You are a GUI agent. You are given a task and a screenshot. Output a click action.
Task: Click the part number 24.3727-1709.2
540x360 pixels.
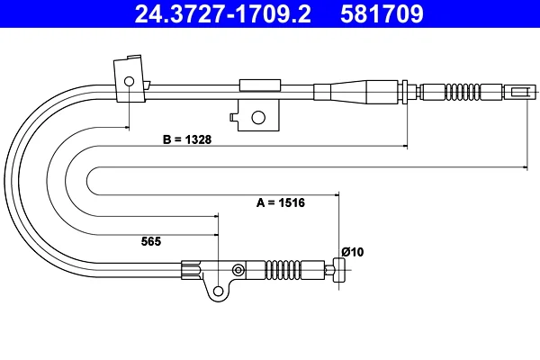pyautogui.click(x=223, y=13)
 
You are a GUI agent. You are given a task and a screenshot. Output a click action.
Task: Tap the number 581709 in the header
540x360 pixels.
pyautogui.click(x=382, y=13)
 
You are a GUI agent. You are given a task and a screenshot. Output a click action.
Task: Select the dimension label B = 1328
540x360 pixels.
pyautogui.click(x=187, y=139)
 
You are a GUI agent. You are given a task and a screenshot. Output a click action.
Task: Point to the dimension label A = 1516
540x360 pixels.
pyautogui.click(x=281, y=202)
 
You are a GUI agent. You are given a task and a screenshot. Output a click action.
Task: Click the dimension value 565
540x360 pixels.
pyautogui.click(x=151, y=241)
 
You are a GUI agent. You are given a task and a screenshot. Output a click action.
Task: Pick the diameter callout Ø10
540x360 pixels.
pyautogui.click(x=353, y=252)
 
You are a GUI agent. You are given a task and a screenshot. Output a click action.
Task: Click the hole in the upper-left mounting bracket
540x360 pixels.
pyautogui.click(x=129, y=82)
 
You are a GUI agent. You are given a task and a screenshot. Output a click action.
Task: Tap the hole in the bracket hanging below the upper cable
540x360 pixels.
pyautogui.click(x=258, y=118)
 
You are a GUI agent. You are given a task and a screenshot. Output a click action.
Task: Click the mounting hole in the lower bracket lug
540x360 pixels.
pyautogui.click(x=219, y=291)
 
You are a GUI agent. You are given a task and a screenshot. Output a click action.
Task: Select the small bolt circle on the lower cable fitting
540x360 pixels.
pyautogui.click(x=238, y=270)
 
